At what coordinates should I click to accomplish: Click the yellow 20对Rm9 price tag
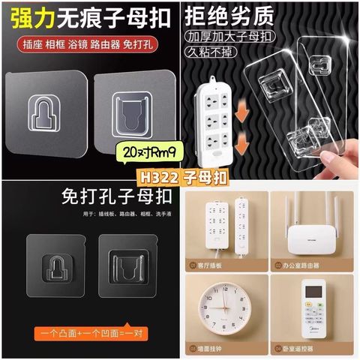[x=149, y=154]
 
